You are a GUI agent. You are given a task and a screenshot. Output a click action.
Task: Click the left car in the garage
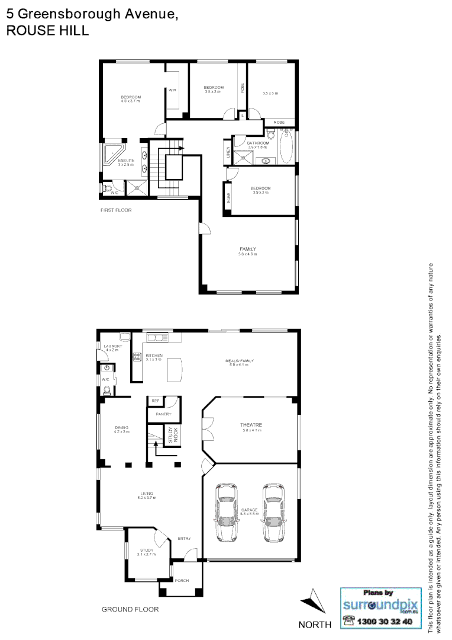pyautogui.click(x=226, y=513)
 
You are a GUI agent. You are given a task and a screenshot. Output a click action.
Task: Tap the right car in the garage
pyautogui.click(x=273, y=513)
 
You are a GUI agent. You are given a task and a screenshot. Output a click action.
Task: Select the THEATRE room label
pyautogui.click(x=251, y=425)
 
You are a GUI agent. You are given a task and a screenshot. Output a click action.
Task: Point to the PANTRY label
pyautogui.click(x=163, y=414)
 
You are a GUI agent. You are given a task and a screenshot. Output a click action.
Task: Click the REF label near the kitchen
pyautogui.click(x=156, y=401)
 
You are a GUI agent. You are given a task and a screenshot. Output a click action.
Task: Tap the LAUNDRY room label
pyautogui.click(x=112, y=346)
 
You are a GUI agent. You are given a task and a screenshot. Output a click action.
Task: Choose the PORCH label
pyautogui.click(x=182, y=580)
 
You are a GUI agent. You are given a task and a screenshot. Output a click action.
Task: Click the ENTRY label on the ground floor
pyautogui.click(x=184, y=539)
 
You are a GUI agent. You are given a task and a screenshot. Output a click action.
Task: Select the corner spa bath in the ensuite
pyautogui.click(x=112, y=152)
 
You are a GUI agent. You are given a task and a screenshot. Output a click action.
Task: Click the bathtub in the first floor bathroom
pyautogui.click(x=286, y=147)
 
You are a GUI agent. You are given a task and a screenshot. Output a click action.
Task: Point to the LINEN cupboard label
pyautogui.click(x=227, y=152)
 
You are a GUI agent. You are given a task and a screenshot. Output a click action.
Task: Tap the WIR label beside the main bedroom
pyautogui.click(x=172, y=90)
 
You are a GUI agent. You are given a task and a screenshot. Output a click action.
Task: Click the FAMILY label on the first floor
pyautogui.click(x=247, y=248)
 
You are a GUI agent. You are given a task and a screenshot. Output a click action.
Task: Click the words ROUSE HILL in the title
pyautogui.click(x=47, y=31)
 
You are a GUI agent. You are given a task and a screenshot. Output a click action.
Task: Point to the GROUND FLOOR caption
pyautogui.click(x=130, y=609)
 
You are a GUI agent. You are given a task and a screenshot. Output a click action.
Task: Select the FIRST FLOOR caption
pyautogui.click(x=116, y=210)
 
